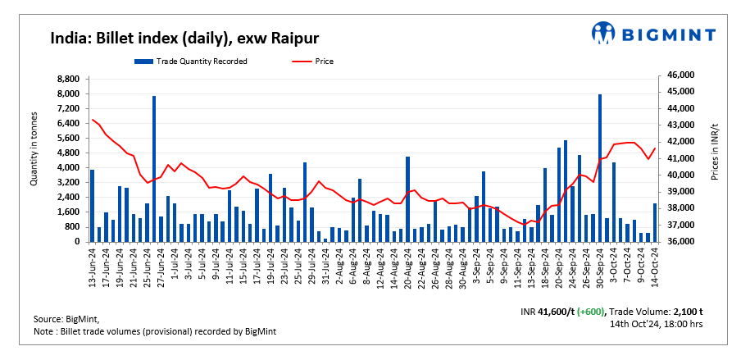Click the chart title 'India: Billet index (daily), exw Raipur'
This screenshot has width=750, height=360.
pyautogui.click(x=184, y=38)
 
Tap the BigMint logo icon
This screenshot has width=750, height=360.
pyautogui.click(x=605, y=34)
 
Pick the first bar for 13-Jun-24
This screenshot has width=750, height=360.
pyautogui.click(x=93, y=206)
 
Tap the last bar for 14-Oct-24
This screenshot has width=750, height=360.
pyautogui.click(x=655, y=222)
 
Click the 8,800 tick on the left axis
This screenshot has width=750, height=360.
pyautogui.click(x=68, y=79)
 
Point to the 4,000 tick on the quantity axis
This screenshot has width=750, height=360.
pyautogui.click(x=68, y=168)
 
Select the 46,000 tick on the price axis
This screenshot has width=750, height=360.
pyautogui.click(x=681, y=75)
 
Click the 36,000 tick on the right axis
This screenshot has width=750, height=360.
pyautogui.click(x=681, y=242)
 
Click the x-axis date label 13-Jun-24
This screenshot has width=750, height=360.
pyautogui.click(x=93, y=268)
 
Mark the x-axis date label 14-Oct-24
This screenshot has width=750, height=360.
pyautogui.click(x=655, y=268)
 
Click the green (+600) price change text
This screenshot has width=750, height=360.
pyautogui.click(x=591, y=312)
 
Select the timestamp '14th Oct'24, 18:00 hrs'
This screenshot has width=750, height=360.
pyautogui.click(x=656, y=324)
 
